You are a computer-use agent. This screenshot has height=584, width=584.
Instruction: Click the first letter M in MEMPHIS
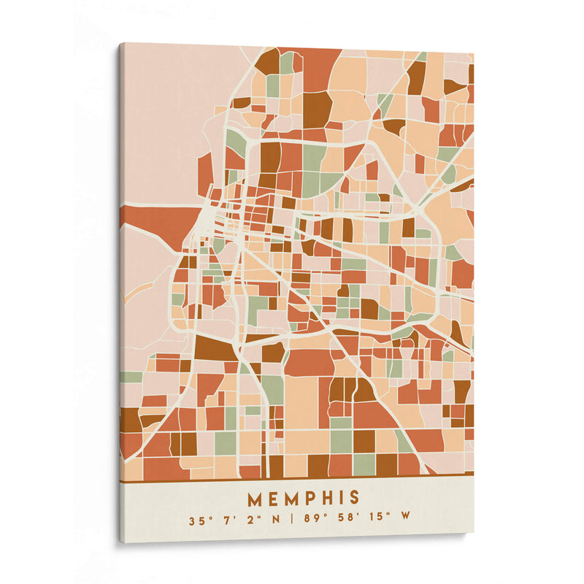coord(255,499)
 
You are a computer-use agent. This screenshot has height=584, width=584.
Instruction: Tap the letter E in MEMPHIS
coord(273,499)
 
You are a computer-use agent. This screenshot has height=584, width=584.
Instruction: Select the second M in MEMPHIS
coord(292,499)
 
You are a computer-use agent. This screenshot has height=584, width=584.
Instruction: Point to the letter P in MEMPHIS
coord(311,499)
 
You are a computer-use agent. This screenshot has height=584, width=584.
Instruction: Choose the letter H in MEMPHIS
coord(328,499)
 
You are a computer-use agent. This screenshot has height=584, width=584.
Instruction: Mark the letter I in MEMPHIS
coord(342,499)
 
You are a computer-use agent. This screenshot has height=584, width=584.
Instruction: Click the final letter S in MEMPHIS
coord(354,499)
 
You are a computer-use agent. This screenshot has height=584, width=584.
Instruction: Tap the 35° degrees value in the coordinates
coord(197,520)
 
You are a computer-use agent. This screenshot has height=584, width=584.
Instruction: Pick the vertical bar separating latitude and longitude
coord(292,520)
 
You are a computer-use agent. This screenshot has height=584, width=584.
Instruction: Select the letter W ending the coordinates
coord(405,520)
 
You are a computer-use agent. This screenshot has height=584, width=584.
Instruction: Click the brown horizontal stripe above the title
coord(292,479)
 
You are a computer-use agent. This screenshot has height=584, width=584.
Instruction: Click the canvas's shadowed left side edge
coord(120,292)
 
